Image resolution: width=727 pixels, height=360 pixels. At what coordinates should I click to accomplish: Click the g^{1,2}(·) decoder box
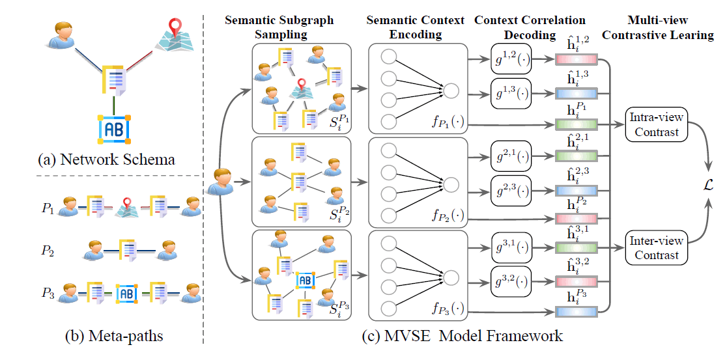513,62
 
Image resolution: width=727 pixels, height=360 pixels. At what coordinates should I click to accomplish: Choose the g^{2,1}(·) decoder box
513,157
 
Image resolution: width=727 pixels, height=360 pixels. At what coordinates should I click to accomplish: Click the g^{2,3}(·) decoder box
513,189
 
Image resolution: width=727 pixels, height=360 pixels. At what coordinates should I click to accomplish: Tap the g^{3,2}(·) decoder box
513,282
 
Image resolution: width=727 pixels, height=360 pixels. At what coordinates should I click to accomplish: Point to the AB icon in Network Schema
113,128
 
